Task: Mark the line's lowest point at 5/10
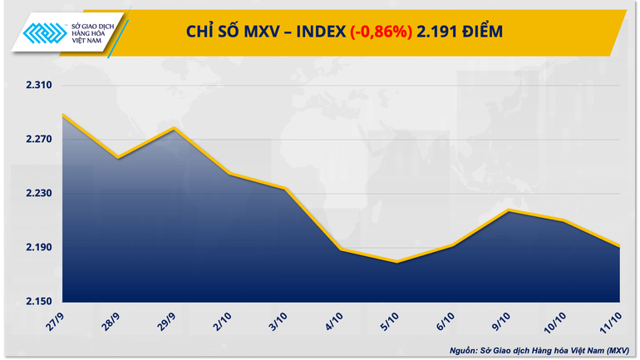(397, 262)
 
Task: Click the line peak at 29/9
(174, 128)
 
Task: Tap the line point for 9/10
(509, 210)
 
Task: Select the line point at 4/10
(341, 249)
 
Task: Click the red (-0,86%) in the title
(381, 32)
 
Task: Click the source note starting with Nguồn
(543, 349)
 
